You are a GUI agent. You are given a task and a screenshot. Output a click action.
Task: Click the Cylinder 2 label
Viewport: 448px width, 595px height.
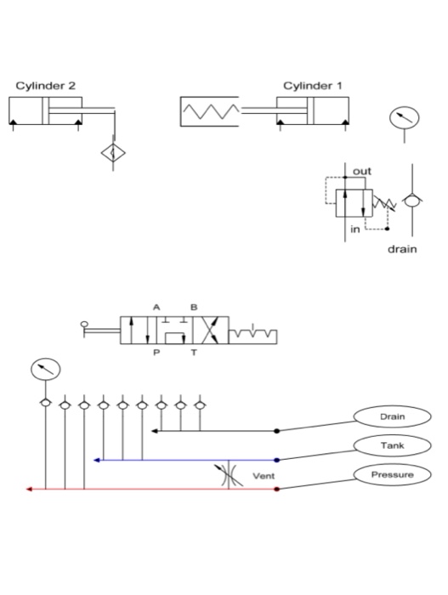tap(46, 86)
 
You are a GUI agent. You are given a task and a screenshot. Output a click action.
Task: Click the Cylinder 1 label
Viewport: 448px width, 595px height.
tap(313, 86)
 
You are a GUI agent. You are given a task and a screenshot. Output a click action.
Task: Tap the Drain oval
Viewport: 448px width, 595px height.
tap(392, 416)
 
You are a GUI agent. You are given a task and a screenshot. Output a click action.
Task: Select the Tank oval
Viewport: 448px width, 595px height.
tap(392, 445)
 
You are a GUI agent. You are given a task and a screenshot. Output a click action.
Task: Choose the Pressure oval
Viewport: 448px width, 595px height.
tap(392, 474)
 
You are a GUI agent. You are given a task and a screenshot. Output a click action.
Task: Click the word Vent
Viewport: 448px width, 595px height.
tap(264, 476)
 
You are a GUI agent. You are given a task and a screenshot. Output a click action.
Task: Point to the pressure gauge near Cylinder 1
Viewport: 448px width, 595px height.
tap(405, 118)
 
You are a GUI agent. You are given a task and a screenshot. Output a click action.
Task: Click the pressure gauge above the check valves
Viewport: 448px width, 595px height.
tap(46, 369)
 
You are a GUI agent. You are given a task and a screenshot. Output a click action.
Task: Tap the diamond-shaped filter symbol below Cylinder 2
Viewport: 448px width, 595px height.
tap(113, 153)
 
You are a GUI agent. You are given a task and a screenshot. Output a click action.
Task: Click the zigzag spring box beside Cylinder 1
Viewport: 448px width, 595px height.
tap(210, 111)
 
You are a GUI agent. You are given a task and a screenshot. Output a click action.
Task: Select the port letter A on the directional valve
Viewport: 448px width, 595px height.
tap(156, 307)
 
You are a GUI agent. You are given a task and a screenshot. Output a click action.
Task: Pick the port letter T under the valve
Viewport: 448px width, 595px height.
tap(194, 353)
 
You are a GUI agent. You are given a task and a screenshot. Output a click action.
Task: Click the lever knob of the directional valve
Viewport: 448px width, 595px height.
tap(84, 324)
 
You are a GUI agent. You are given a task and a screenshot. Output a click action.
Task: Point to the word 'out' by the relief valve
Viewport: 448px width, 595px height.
tap(362, 172)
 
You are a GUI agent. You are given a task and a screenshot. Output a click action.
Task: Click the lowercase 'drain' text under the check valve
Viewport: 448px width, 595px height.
tap(402, 249)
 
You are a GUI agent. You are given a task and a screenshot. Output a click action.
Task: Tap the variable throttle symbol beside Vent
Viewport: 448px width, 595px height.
tap(229, 474)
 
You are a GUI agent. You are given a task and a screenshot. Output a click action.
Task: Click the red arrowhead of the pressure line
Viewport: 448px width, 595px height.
tap(28, 489)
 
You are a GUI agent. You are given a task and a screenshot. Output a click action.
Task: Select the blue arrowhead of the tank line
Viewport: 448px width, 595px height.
tap(96, 461)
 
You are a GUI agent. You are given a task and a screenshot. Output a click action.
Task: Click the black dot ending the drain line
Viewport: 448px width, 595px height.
tap(277, 431)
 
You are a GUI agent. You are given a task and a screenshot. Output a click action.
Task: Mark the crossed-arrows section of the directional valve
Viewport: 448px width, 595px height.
tap(211, 330)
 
